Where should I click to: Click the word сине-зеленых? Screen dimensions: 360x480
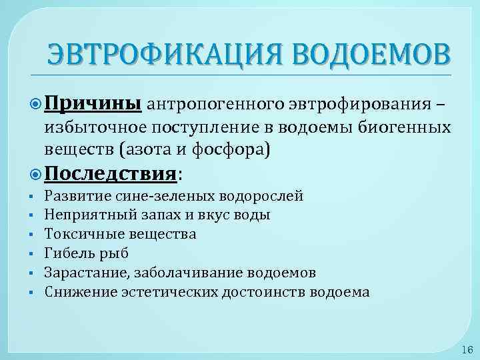(174, 196)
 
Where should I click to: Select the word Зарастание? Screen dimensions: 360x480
(85, 273)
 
